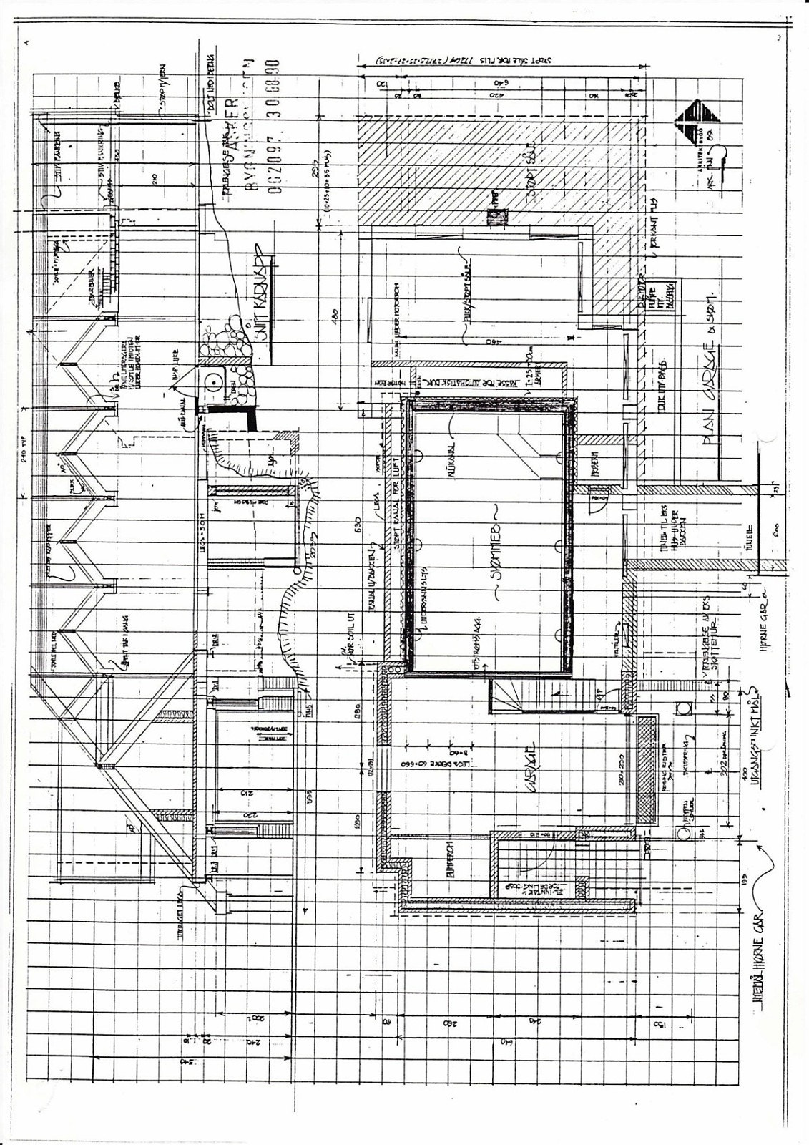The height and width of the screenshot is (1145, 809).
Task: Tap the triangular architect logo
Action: click(x=698, y=117)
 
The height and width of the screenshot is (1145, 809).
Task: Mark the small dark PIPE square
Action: click(x=494, y=214)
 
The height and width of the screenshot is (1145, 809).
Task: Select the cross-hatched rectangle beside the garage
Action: click(x=645, y=770)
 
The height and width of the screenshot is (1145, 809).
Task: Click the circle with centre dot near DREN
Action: click(x=213, y=381)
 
